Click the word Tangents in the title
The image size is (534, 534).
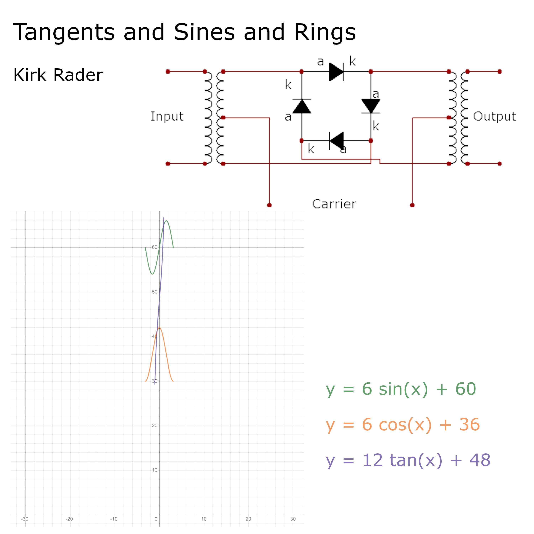(x=64, y=32)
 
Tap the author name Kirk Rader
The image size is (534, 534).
(x=58, y=75)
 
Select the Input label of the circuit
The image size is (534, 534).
(x=167, y=116)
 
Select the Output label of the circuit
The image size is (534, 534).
(x=494, y=116)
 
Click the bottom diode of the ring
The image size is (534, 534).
(x=336, y=141)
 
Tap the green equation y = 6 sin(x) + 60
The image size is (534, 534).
(x=401, y=389)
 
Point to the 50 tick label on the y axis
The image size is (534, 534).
(x=155, y=292)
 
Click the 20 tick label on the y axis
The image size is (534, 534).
(x=155, y=426)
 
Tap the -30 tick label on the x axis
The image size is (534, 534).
(x=25, y=519)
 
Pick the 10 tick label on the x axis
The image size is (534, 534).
(x=204, y=519)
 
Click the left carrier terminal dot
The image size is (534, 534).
(x=269, y=205)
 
